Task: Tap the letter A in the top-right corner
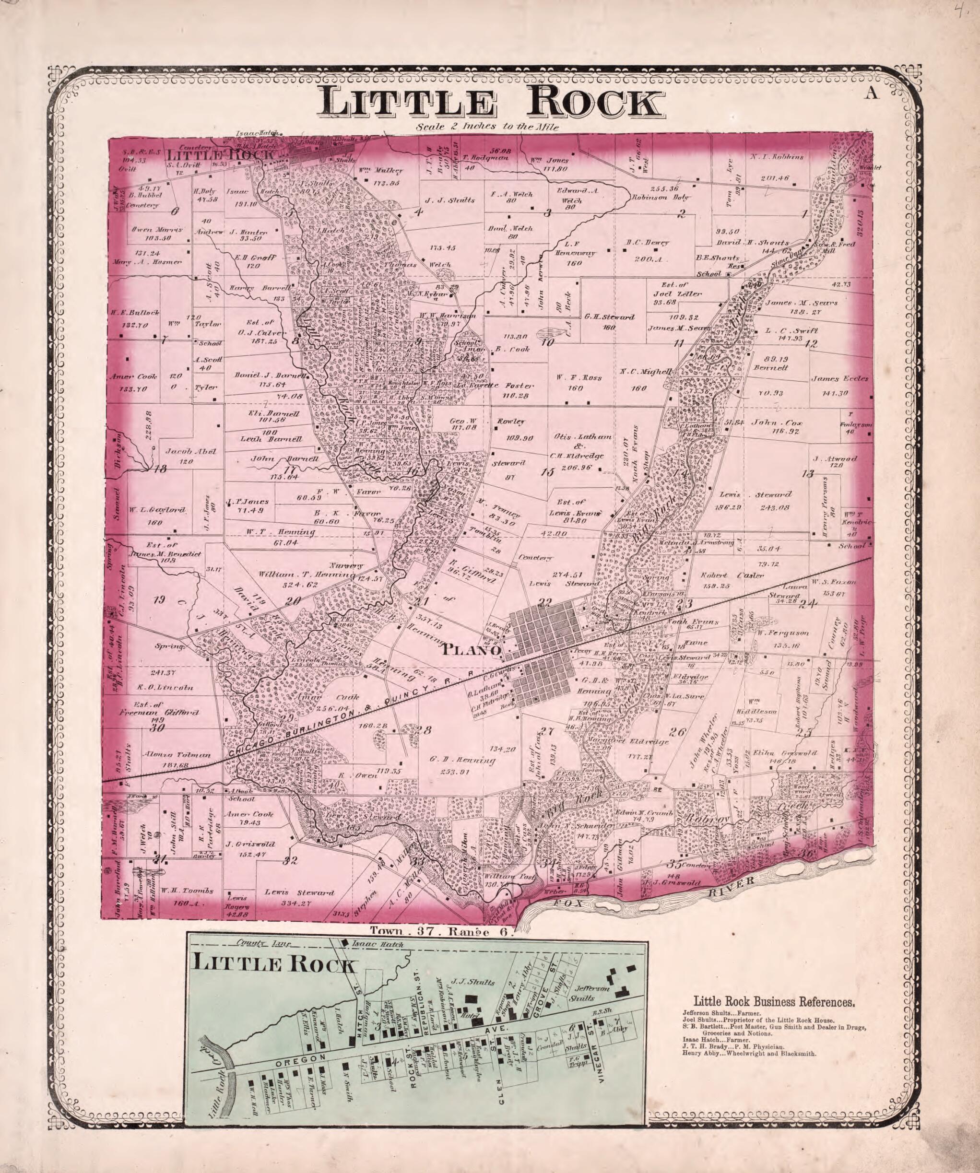pos(872,94)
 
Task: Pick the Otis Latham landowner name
pos(582,436)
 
